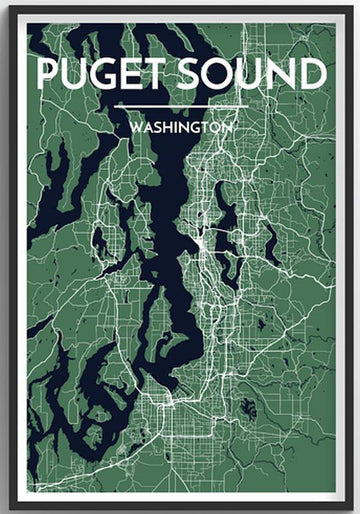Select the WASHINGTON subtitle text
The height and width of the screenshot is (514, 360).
180,129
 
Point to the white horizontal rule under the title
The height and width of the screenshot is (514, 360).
180,106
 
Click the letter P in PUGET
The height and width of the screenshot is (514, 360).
47,75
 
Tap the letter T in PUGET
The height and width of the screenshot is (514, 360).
153,75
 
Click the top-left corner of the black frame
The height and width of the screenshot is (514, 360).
3,3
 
